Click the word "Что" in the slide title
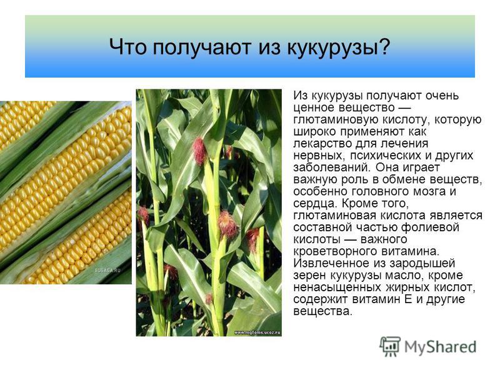[128, 47]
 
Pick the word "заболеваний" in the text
[332, 167]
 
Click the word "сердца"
[314, 204]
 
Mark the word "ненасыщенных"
[337, 287]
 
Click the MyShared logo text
[441, 347]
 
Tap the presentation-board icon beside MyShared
[390, 346]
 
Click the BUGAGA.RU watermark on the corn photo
[107, 271]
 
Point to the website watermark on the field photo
[257, 332]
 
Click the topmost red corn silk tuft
[200, 151]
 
